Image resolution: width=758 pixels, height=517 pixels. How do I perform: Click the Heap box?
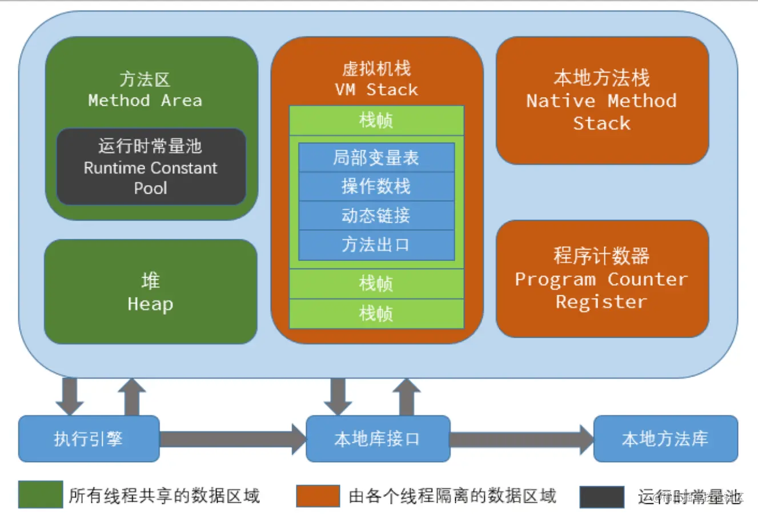tap(150, 292)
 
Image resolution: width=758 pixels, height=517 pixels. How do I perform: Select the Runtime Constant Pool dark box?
tap(151, 167)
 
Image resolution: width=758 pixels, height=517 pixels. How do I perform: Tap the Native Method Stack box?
tap(602, 101)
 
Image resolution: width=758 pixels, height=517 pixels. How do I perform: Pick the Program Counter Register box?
tap(602, 279)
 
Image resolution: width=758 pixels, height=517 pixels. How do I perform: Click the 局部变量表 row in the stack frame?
tap(376, 158)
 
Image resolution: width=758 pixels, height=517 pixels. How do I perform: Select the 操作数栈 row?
tap(376, 186)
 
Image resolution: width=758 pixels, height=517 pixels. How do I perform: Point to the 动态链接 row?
tap(376, 215)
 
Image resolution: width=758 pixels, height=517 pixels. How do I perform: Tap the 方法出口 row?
tap(376, 245)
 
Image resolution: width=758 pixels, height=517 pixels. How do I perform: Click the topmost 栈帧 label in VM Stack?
tap(376, 121)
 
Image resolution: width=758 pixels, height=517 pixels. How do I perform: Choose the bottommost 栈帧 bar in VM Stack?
tap(376, 314)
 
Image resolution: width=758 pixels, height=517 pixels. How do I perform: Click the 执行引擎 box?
tap(89, 439)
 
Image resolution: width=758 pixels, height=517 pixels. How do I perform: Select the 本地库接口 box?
tap(378, 439)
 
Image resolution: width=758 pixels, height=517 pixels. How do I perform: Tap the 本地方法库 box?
tap(665, 439)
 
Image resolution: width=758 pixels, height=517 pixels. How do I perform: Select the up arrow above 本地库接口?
tap(406, 396)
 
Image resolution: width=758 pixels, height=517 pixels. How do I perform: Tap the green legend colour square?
tap(40, 495)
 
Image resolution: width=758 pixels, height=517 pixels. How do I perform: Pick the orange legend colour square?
tap(318, 496)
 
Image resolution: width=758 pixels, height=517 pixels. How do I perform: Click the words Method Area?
tap(145, 101)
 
